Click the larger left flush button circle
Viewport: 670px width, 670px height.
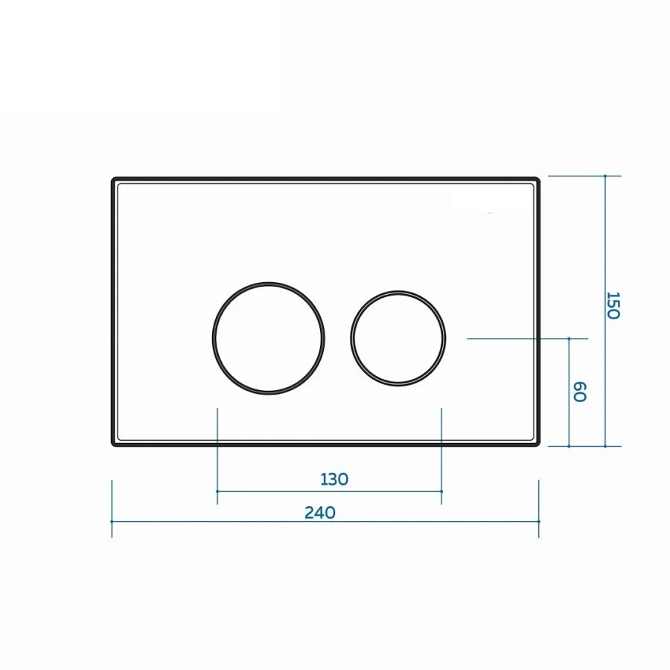tap(214, 339)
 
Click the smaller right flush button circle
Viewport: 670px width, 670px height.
tap(351, 339)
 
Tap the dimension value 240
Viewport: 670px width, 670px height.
tap(320, 512)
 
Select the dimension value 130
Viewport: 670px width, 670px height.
tap(334, 479)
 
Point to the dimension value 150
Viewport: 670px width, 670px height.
tap(613, 305)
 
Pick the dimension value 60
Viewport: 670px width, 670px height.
tap(579, 392)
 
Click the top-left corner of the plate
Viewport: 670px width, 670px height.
tap(112, 178)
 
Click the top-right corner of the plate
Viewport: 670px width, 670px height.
tap(539, 178)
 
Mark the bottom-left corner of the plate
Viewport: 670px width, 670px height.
tap(112, 446)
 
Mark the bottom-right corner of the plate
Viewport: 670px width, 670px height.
tap(539, 446)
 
